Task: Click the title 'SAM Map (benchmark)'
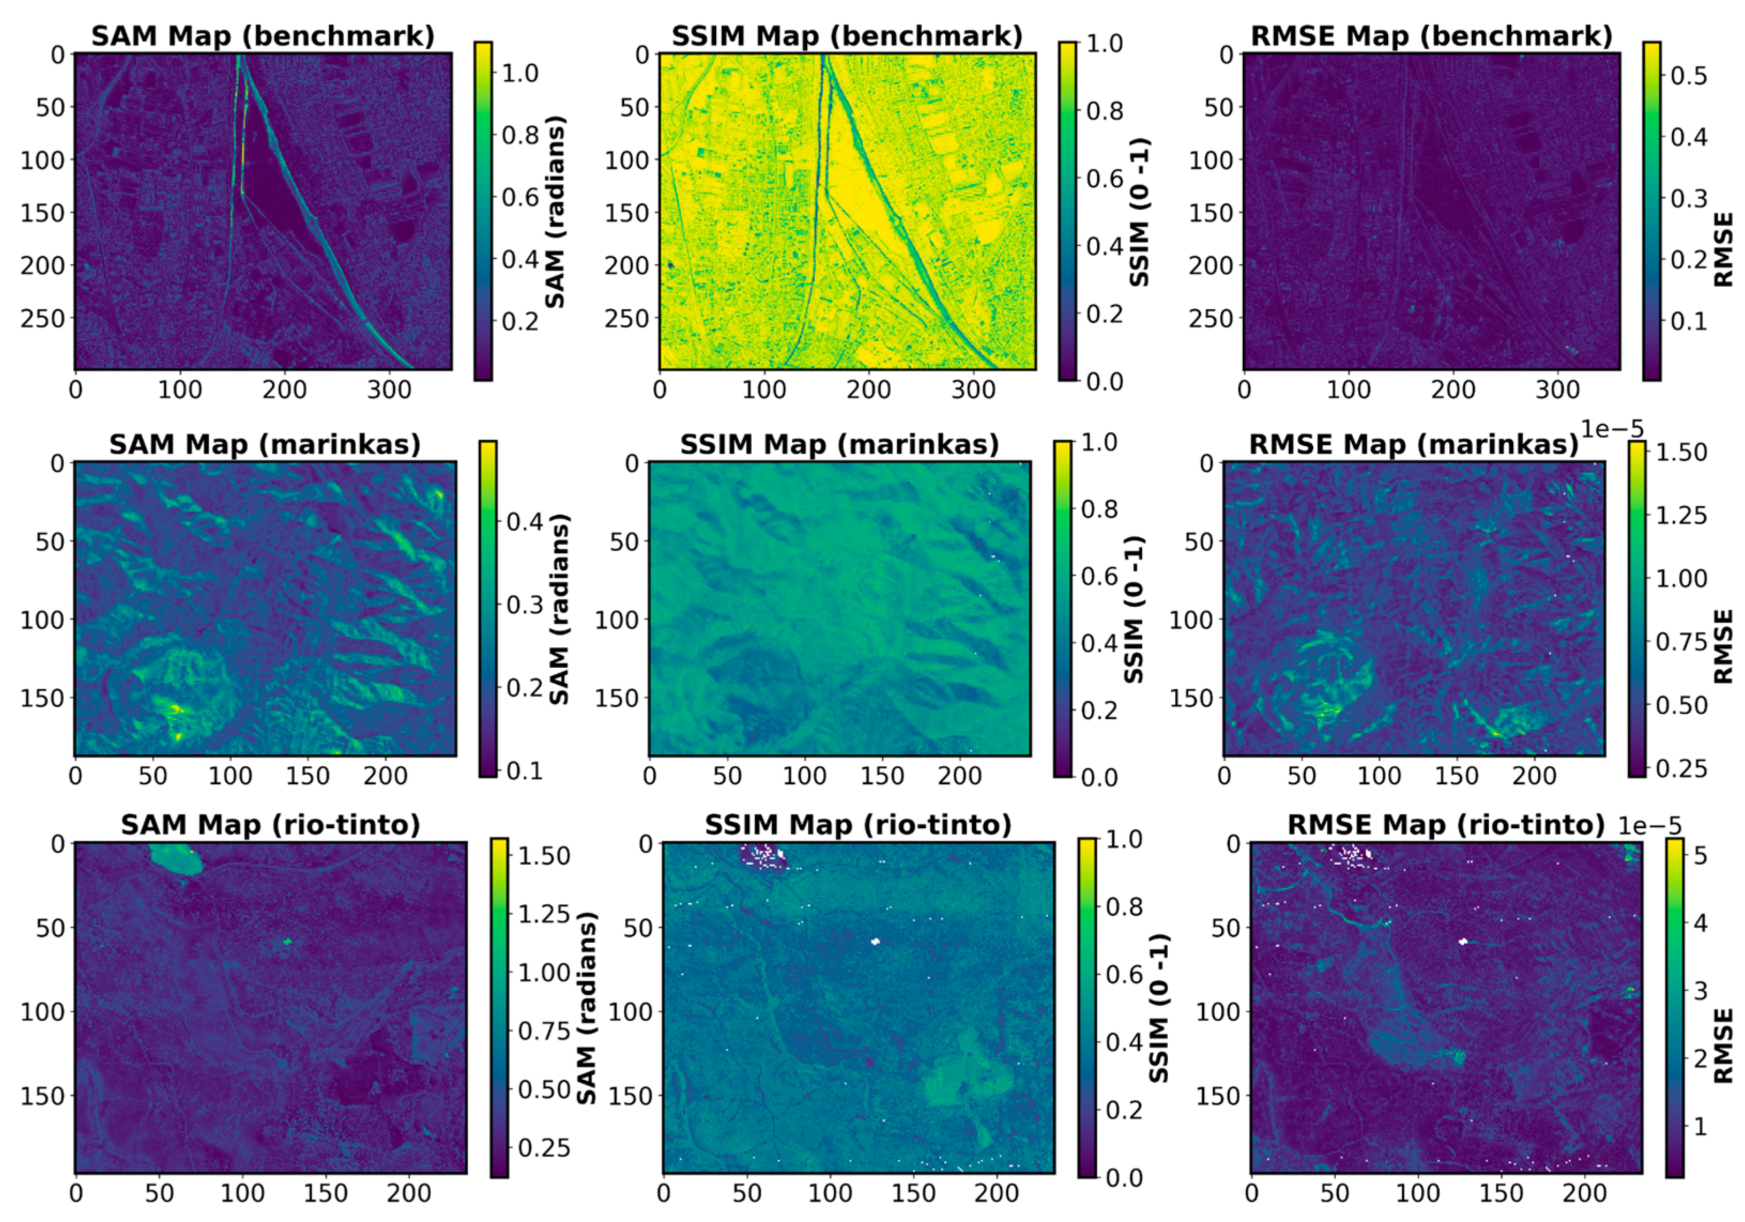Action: [263, 36]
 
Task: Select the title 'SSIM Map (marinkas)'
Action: [839, 445]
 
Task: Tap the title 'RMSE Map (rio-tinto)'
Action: [1445, 824]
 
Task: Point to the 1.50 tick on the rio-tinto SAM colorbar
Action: [544, 856]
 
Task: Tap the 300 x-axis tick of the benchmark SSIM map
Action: [974, 390]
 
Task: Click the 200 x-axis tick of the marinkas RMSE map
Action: [1534, 776]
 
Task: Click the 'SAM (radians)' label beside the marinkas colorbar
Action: [558, 609]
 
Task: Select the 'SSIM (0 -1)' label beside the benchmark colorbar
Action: [1139, 213]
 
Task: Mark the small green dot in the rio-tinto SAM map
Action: [287, 941]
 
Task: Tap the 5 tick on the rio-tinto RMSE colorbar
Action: [1700, 856]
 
